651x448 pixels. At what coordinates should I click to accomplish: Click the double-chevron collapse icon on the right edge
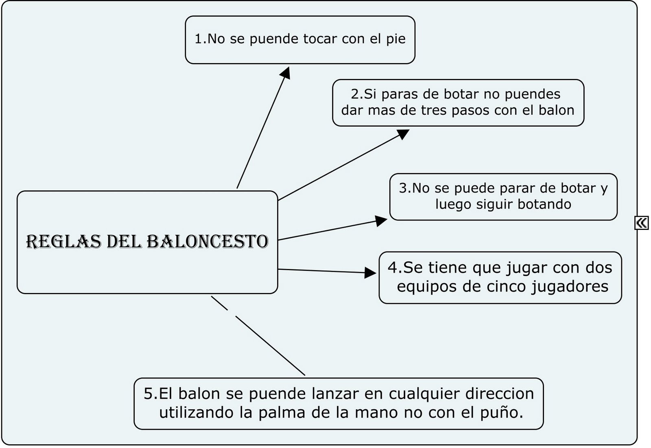click(x=642, y=223)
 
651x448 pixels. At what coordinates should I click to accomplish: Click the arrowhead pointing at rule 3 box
click(x=381, y=221)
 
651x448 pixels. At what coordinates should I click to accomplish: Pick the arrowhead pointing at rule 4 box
click(x=370, y=273)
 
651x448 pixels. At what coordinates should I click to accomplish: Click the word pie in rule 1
click(x=395, y=39)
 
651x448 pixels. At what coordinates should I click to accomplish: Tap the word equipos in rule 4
click(x=427, y=286)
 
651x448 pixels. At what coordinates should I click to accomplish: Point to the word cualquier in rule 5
click(x=424, y=393)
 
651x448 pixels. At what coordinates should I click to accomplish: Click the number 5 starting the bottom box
click(x=149, y=393)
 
